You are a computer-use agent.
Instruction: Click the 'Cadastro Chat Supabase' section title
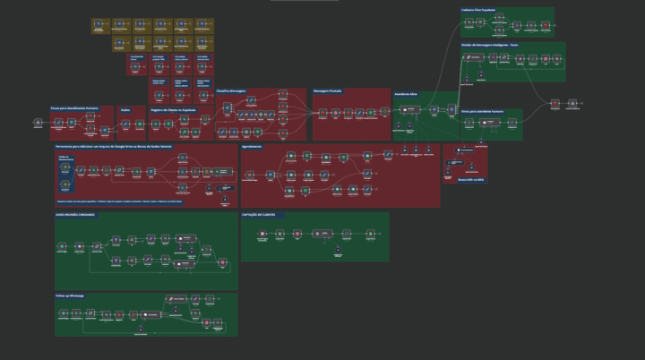click(x=484, y=11)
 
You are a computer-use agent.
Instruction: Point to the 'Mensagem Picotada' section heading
click(x=329, y=90)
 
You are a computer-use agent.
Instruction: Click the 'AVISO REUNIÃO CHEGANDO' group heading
click(x=76, y=216)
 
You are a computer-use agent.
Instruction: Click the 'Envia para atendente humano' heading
click(x=488, y=112)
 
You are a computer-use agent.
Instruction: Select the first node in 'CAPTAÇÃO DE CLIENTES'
click(x=262, y=235)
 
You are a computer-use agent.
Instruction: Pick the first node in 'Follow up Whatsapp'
click(x=64, y=313)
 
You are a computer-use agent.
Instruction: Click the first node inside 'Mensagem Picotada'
click(x=321, y=113)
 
